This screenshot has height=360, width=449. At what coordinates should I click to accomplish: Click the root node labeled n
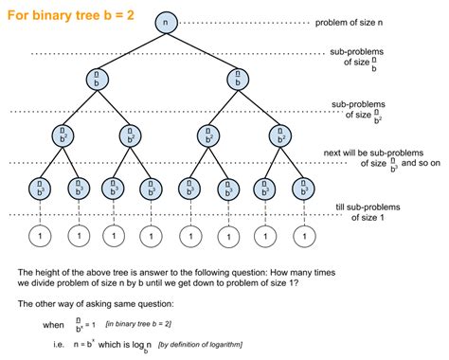167,21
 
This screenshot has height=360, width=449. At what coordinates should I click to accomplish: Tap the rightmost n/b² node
277,135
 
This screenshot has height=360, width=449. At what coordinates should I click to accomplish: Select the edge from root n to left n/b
132,50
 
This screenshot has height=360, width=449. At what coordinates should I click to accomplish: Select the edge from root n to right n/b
203,50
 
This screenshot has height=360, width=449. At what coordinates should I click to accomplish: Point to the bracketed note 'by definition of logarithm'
209,344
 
